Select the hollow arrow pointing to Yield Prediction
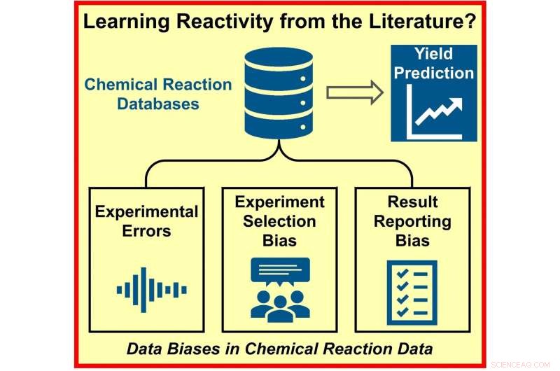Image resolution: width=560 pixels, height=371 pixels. [x=356, y=92]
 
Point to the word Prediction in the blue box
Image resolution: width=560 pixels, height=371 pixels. [x=434, y=73]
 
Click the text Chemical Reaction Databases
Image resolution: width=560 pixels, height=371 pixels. [x=158, y=94]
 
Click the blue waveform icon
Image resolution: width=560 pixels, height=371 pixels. [x=151, y=289]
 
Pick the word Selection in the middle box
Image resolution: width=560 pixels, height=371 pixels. [x=280, y=221]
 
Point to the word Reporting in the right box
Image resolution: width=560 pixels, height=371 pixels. [x=412, y=221]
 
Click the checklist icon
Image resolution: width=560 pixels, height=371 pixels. [x=412, y=290]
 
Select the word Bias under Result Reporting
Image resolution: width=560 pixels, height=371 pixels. [x=412, y=241]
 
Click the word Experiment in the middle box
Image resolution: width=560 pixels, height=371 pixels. [x=280, y=202]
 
